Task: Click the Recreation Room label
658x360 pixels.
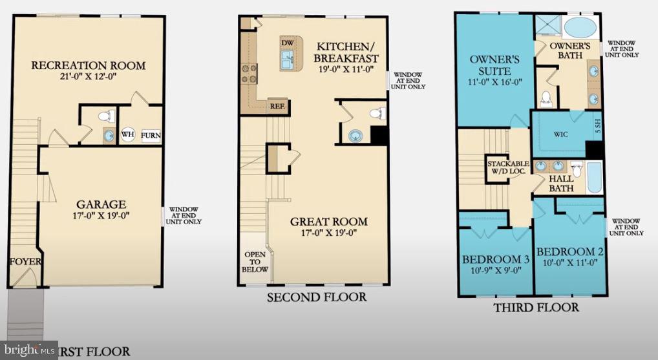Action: pos(89,65)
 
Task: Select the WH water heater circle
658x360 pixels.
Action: pos(128,134)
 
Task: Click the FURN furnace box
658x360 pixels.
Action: pos(151,136)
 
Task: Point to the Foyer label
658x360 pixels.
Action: pos(25,262)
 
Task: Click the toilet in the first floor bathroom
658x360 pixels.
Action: pos(109,117)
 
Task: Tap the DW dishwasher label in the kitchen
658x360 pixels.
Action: pos(287,43)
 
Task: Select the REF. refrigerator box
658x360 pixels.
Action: pos(277,106)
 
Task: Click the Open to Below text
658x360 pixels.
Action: pos(255,261)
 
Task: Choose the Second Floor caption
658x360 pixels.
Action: pos(317,297)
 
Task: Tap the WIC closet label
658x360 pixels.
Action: pos(560,135)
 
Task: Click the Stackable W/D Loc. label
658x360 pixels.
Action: pos(509,167)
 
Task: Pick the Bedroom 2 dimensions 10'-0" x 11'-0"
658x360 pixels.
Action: pos(569,262)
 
